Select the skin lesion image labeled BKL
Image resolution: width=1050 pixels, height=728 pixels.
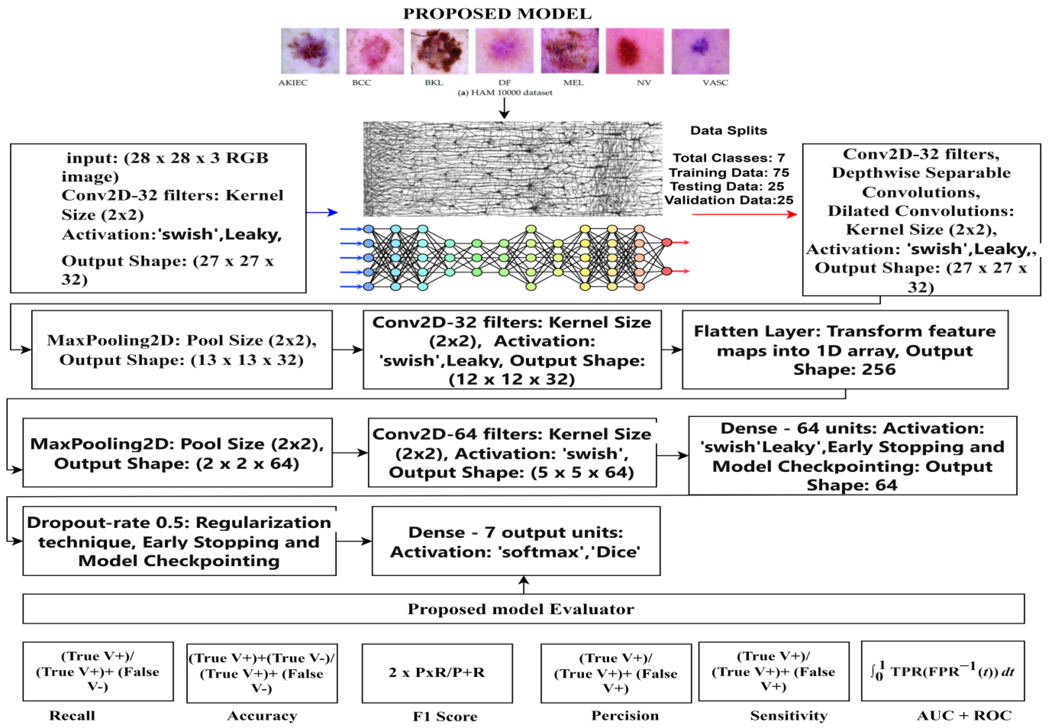[x=439, y=51]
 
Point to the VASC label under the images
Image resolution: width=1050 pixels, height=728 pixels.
[x=714, y=82]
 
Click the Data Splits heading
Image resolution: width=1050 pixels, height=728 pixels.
[x=728, y=131]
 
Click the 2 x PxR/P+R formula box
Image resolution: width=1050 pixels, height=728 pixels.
[x=437, y=673]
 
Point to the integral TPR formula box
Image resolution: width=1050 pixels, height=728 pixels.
[x=942, y=671]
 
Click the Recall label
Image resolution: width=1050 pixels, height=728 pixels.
[x=72, y=715]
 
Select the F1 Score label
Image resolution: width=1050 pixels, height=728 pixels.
[x=445, y=716]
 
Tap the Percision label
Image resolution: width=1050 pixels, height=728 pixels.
[x=625, y=715]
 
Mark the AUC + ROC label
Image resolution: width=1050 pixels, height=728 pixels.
[x=964, y=715]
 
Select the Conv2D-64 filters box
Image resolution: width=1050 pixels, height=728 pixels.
[x=512, y=453]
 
